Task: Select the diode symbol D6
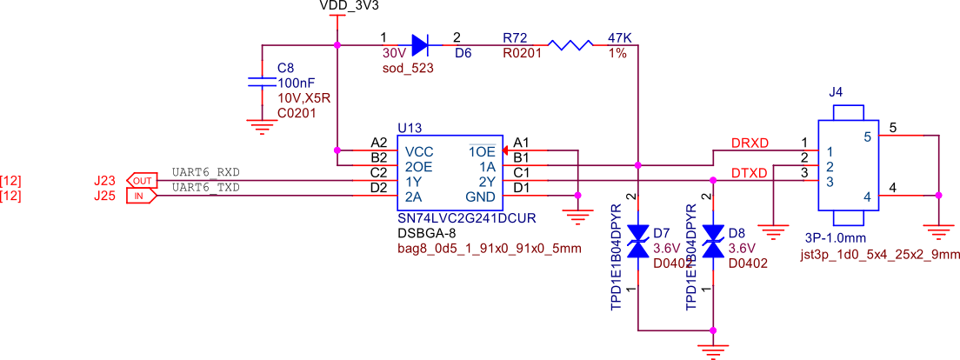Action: pos(419,44)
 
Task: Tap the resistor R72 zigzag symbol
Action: pos(570,44)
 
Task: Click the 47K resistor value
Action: pos(619,38)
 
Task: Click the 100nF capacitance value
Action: pos(296,83)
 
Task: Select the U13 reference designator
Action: pos(409,128)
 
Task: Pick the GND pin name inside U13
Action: pos(480,197)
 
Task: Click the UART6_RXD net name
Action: pos(206,173)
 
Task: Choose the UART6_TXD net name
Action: pos(206,187)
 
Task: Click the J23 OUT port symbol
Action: pos(142,180)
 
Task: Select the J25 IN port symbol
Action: pos(142,196)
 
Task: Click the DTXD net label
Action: pos(749,174)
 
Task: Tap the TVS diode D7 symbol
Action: pos(638,242)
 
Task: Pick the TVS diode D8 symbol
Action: pos(713,242)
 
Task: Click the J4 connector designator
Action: pos(836,91)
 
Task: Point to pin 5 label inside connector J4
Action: pos(867,137)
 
